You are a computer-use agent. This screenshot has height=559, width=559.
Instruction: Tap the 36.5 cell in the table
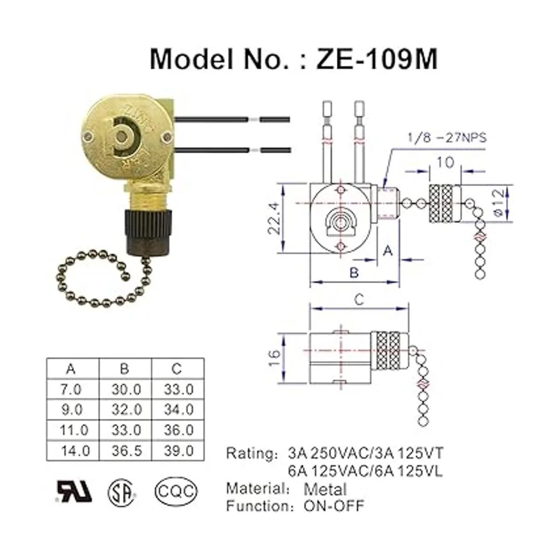[x=126, y=450]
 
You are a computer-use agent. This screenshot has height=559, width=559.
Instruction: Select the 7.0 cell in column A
[x=71, y=389]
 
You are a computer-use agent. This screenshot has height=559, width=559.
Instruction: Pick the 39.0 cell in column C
[x=178, y=450]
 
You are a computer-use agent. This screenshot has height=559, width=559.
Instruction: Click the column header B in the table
[x=124, y=368]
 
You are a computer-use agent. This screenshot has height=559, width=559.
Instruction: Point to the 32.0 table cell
[x=126, y=409]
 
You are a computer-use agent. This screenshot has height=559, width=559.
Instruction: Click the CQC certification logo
[x=176, y=491]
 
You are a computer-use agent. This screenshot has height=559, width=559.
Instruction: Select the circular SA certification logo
[x=122, y=491]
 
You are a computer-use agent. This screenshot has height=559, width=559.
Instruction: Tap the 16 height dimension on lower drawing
[x=275, y=357]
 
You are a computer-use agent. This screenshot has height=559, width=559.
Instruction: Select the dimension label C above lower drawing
[x=359, y=300]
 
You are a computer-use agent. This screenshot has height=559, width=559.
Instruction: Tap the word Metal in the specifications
[x=325, y=489]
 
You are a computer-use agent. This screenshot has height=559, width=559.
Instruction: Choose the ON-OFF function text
[x=334, y=506]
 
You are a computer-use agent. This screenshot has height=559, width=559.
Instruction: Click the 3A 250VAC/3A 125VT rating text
[x=365, y=453]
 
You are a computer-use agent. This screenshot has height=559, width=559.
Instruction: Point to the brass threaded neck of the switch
[x=149, y=198]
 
